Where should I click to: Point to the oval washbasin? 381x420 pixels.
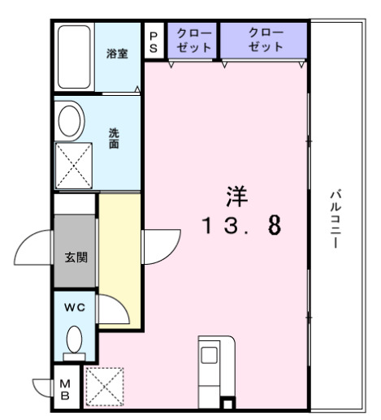click(71, 121)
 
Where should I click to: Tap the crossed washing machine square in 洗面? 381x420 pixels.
click(74, 167)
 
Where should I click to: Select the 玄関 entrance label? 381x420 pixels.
click(76, 258)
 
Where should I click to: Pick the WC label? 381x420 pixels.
click(76, 308)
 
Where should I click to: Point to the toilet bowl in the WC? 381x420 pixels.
click(75, 339)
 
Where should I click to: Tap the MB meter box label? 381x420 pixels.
click(66, 390)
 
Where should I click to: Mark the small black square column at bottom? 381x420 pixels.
click(228, 404)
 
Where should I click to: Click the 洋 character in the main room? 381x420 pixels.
click(236, 197)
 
